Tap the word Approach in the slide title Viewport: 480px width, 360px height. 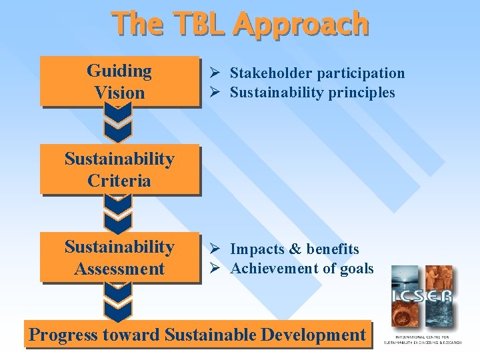click(301, 25)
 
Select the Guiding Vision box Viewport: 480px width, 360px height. click(119, 81)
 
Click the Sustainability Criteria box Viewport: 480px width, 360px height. click(119, 169)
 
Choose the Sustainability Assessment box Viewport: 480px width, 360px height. click(119, 257)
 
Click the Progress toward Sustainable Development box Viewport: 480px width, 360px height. click(198, 334)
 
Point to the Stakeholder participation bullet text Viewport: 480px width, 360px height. click(317, 73)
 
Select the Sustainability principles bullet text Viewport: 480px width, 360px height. click(312, 92)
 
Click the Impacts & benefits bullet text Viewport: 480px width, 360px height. click(294, 249)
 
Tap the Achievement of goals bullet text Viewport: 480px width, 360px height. click(301, 269)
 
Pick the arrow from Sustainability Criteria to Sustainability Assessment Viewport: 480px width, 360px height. click(118, 213)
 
